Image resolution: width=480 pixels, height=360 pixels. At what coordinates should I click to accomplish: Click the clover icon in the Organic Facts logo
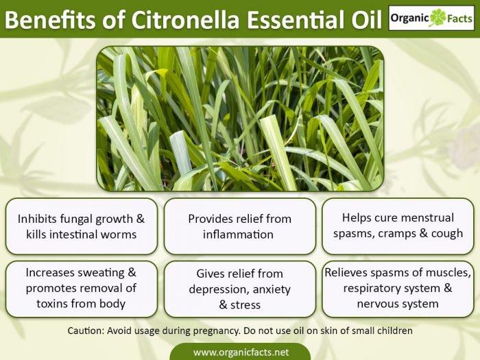click(435, 18)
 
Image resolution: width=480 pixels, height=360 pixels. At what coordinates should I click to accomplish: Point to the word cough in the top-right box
click(447, 233)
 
